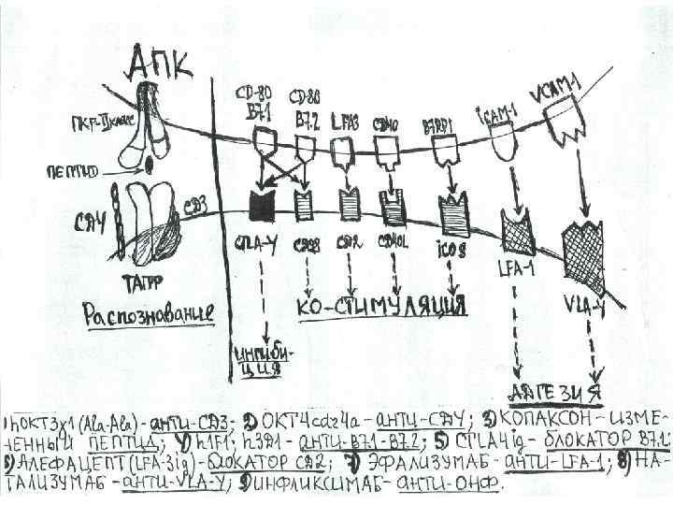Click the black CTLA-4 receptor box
coord(260,204)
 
